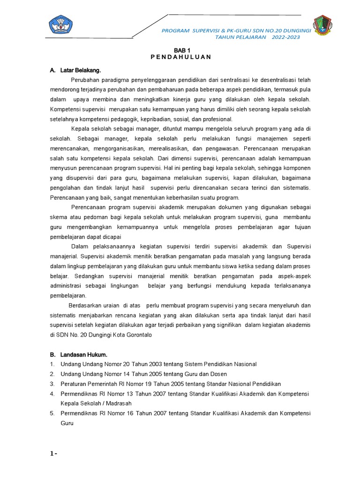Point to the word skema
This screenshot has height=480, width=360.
58,217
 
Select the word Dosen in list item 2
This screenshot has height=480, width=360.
218,374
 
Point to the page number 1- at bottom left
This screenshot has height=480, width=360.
53,454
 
